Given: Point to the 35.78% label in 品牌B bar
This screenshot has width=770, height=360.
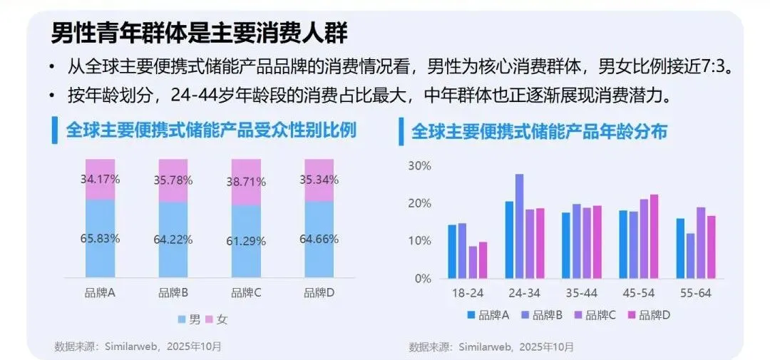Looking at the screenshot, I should pyautogui.click(x=173, y=180).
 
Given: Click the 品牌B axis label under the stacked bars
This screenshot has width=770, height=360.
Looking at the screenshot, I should pyautogui.click(x=173, y=292).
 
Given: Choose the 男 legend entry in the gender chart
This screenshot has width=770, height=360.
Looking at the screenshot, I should pyautogui.click(x=188, y=319).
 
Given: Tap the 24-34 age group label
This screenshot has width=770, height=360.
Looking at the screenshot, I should pyautogui.click(x=524, y=293).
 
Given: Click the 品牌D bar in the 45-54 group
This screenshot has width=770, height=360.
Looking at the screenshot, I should pyautogui.click(x=654, y=236).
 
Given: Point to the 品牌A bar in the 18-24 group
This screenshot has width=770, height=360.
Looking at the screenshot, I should pyautogui.click(x=452, y=252).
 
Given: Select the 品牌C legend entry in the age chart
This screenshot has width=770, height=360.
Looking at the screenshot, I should pyautogui.click(x=595, y=314).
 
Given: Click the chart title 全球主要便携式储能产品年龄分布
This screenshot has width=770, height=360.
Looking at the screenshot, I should pyautogui.click(x=539, y=131).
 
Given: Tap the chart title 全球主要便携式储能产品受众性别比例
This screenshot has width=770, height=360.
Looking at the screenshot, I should pyautogui.click(x=211, y=130).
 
